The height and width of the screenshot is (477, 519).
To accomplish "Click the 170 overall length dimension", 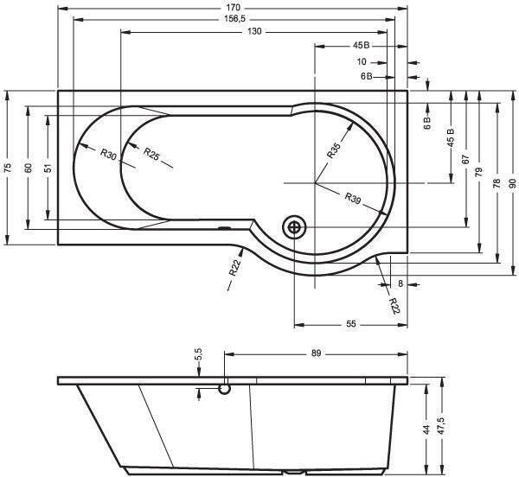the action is coord(234,7).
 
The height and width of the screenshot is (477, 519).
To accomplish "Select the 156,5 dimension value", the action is coord(234,19).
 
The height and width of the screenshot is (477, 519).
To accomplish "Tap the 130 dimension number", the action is coord(254,31).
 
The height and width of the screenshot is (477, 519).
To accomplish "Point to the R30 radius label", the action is coord(109,154).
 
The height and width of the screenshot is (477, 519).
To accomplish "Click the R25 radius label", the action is coord(151,154).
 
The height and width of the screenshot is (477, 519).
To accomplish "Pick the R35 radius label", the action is coord(333,150).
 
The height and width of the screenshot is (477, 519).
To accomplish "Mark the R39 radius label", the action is coord(352,198).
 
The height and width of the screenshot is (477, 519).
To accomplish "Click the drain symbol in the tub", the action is coord(294,227).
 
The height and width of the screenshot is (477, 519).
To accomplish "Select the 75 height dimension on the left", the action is coord(8,168).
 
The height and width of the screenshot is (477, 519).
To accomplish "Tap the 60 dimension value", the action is coord(29,168).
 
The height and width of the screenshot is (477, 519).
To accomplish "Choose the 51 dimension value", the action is coord(48,168).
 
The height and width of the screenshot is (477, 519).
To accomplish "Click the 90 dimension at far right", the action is coord(512,183).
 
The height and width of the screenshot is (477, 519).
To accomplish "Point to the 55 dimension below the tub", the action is coord(351,324).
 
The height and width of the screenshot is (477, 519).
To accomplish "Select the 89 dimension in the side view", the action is coord(316,353).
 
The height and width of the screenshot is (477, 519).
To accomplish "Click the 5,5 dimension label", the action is coord(198,354).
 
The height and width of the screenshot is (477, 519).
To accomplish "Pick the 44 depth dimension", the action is coord(426,429).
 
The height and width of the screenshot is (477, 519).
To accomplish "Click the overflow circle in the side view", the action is coord(224,389).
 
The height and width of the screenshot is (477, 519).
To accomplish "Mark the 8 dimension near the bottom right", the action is coord(400,283).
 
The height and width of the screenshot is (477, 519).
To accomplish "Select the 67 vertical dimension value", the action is coord(465,159).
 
